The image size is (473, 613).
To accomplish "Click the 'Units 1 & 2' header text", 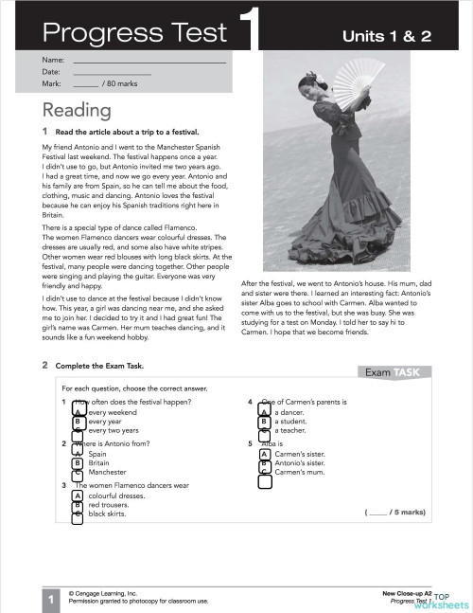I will [x=392, y=36].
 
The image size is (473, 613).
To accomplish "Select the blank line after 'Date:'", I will [x=112, y=72].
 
